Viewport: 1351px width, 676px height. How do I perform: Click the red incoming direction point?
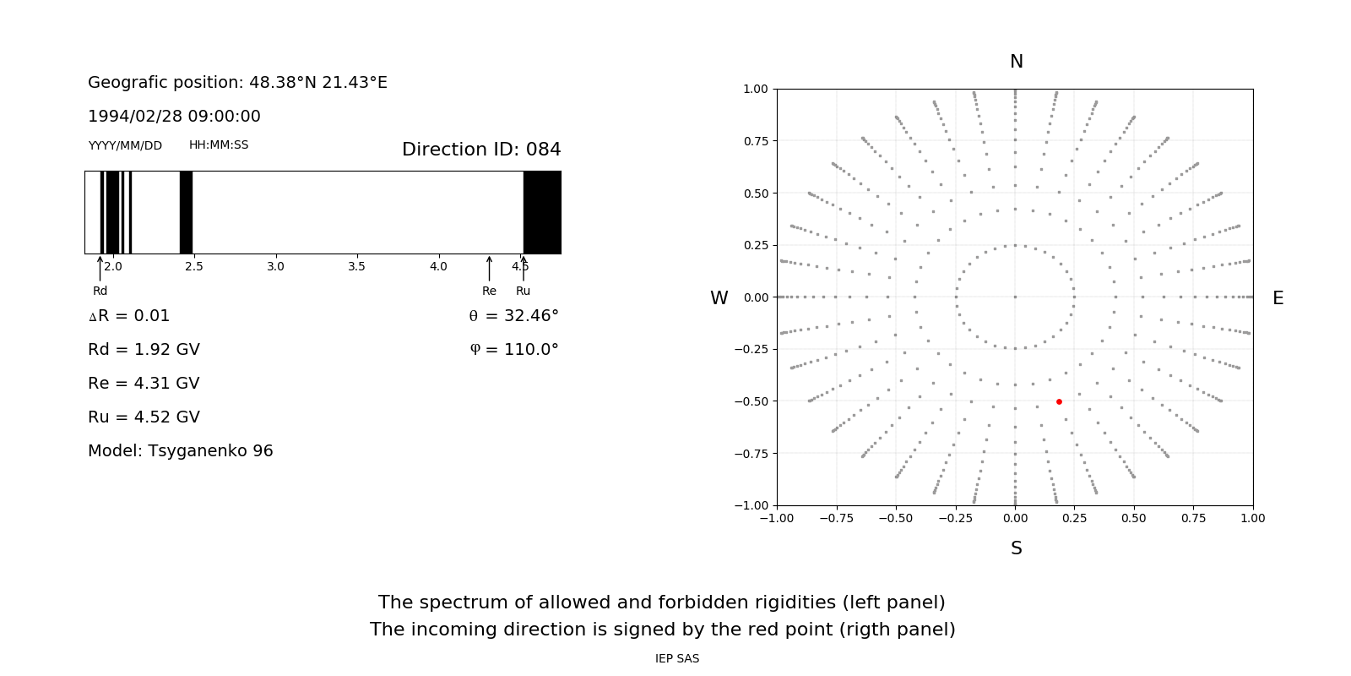pos(1059,401)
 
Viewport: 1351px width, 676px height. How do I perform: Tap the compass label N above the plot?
pos(1017,62)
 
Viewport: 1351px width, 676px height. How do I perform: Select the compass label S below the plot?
pos(1017,548)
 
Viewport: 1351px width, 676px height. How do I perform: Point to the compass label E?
pos(1278,298)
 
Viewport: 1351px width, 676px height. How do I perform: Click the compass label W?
pos(719,298)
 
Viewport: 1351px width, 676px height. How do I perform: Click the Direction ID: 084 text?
pos(481,150)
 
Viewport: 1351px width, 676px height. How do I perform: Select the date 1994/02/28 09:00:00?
pos(174,117)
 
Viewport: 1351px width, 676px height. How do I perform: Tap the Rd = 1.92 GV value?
pos(144,350)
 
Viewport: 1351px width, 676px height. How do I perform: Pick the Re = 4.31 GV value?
pos(144,384)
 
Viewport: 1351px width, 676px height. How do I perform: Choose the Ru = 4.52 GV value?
pos(144,417)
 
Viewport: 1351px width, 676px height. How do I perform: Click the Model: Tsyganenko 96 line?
pos(181,451)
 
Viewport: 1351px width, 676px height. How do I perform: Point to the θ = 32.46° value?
pos(513,316)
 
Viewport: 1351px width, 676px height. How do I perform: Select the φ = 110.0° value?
pos(514,350)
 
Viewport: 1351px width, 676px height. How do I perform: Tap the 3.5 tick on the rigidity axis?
pos(356,267)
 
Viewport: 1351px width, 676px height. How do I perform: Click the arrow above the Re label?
pos(489,269)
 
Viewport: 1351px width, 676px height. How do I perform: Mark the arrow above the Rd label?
pos(100,269)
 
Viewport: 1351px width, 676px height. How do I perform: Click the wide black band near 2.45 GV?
pos(186,212)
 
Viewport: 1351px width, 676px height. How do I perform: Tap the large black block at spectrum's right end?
pos(542,212)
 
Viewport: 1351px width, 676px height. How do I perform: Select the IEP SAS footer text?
pos(677,659)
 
